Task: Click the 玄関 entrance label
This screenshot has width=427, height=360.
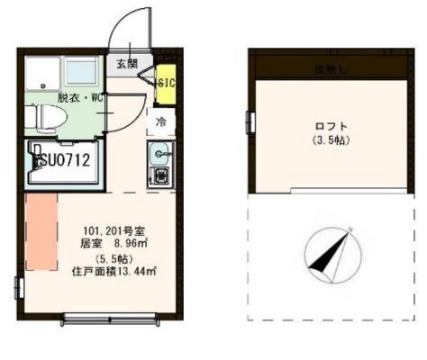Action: tap(126, 64)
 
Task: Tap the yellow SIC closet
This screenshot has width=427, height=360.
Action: tap(165, 83)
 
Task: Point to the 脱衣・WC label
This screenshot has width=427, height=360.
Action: tap(81, 97)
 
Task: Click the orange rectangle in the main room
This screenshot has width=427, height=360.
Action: tap(41, 236)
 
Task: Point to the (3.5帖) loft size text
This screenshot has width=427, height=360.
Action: tap(332, 140)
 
